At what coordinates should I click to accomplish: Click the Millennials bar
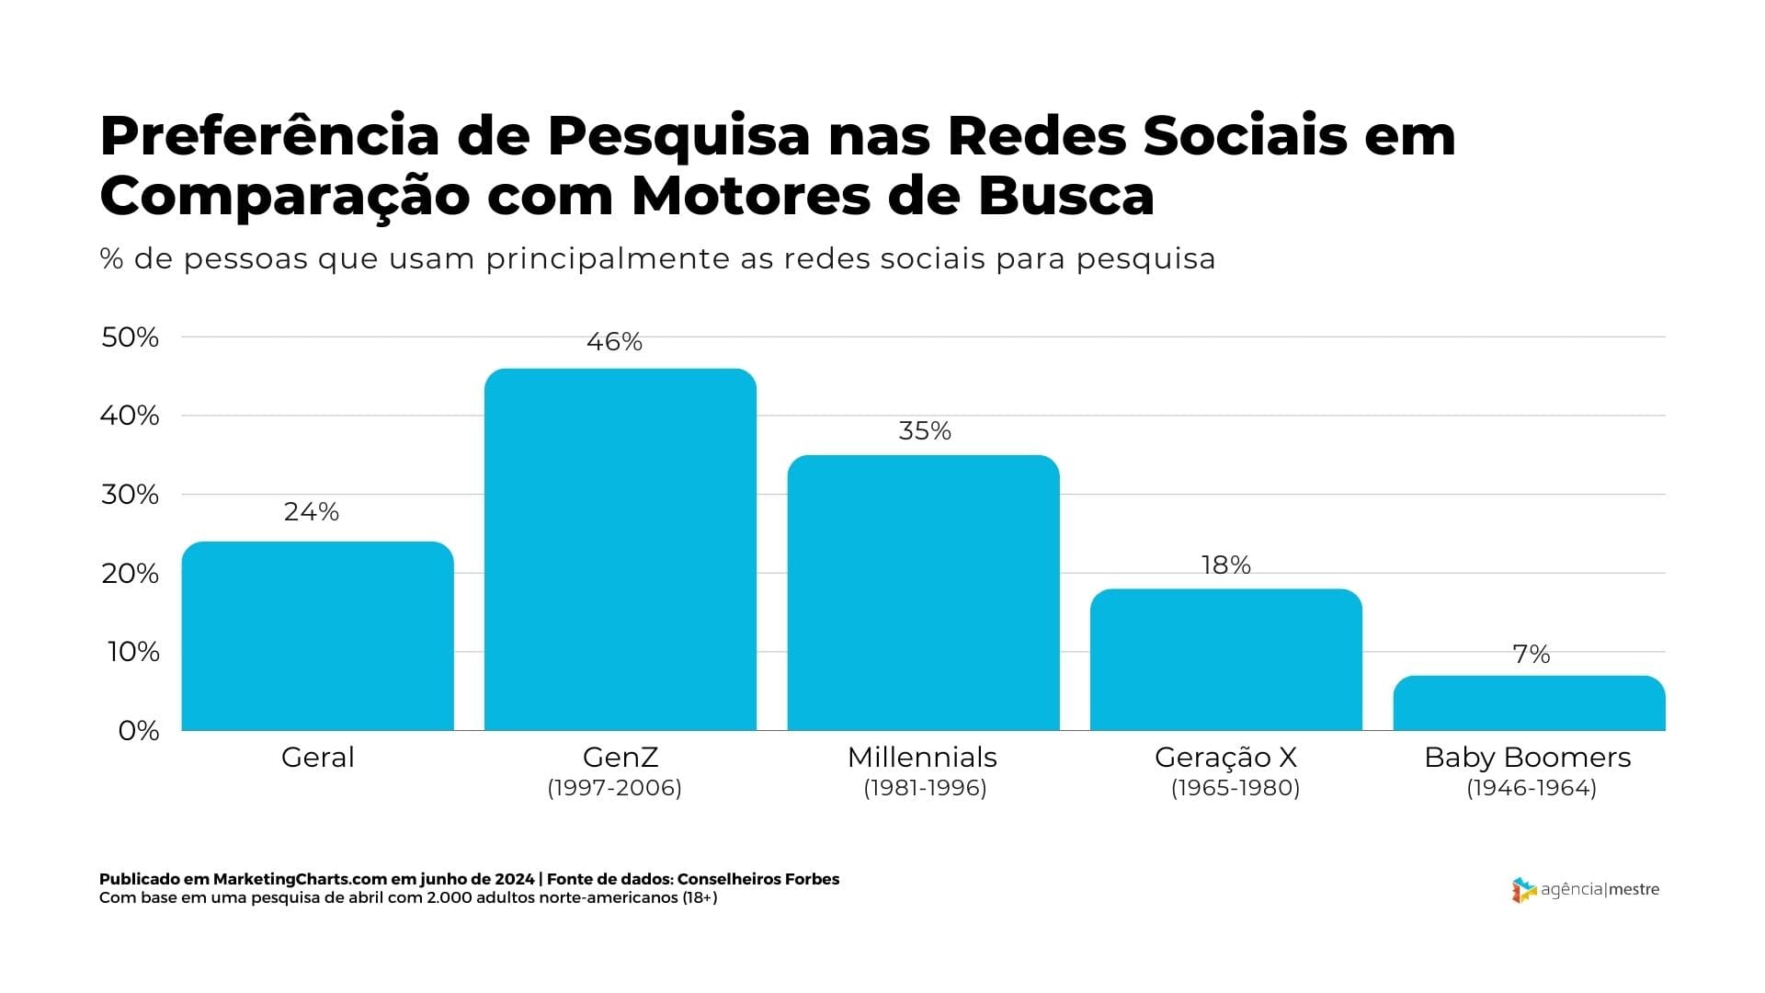(x=923, y=593)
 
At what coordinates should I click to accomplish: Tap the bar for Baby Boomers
(x=1529, y=703)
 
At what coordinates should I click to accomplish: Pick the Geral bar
(x=317, y=636)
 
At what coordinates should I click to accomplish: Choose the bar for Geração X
(x=1226, y=659)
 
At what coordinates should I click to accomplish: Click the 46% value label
(x=614, y=342)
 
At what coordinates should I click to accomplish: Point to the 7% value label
(x=1532, y=655)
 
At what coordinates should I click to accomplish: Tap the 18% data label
(x=1226, y=565)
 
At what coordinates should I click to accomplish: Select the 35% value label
(x=925, y=431)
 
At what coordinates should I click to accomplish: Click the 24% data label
(x=312, y=512)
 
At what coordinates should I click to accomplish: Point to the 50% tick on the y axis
(x=130, y=337)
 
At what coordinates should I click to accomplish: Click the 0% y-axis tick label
(x=139, y=731)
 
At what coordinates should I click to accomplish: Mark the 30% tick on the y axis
(x=130, y=495)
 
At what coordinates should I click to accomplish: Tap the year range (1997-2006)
(x=614, y=788)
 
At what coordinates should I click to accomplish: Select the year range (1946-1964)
(x=1532, y=788)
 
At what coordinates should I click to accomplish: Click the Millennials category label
(x=922, y=758)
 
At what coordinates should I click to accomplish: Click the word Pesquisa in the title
(x=679, y=136)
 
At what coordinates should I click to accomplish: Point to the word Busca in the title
(x=1065, y=196)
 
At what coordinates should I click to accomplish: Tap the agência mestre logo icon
(x=1523, y=890)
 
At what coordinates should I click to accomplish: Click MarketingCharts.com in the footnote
(x=281, y=879)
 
